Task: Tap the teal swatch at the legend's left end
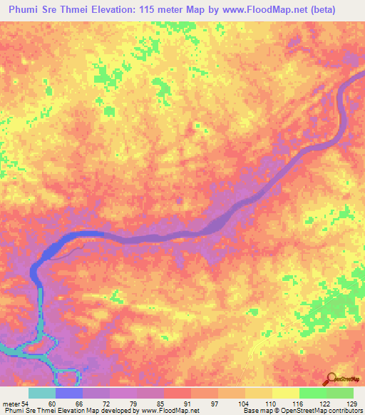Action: [41, 394]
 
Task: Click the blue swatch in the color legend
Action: [69, 394]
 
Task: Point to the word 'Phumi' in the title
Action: [24, 9]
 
